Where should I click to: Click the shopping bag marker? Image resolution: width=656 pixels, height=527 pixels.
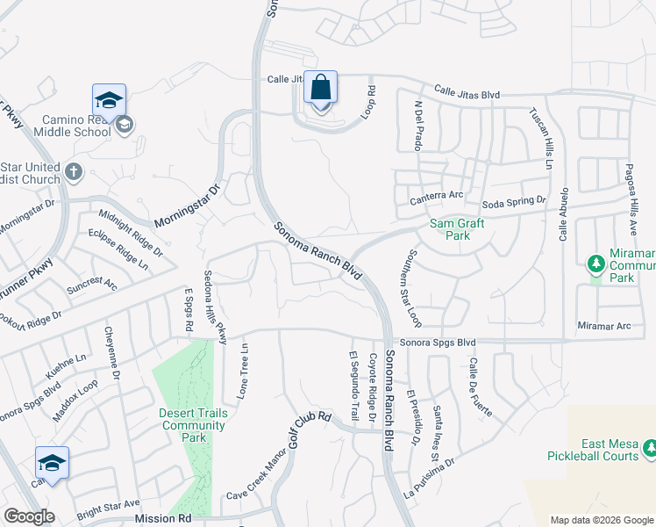click(x=320, y=90)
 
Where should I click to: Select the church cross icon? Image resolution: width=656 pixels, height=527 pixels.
click(x=74, y=172)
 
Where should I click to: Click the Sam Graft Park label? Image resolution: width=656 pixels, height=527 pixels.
click(x=457, y=229)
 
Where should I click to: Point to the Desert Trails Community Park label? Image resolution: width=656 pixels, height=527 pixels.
click(x=193, y=419)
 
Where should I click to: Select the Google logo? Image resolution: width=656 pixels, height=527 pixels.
click(x=30, y=516)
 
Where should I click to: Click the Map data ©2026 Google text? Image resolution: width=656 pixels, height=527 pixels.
click(x=602, y=520)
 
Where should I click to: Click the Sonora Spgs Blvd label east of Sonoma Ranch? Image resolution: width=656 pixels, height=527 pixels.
click(x=437, y=342)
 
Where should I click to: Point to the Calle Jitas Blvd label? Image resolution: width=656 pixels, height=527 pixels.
click(x=467, y=91)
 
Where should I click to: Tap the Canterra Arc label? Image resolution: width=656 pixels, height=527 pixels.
click(x=436, y=195)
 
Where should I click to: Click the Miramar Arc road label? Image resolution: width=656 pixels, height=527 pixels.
click(x=604, y=326)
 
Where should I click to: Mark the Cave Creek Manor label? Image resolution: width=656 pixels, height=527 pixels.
click(x=257, y=480)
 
